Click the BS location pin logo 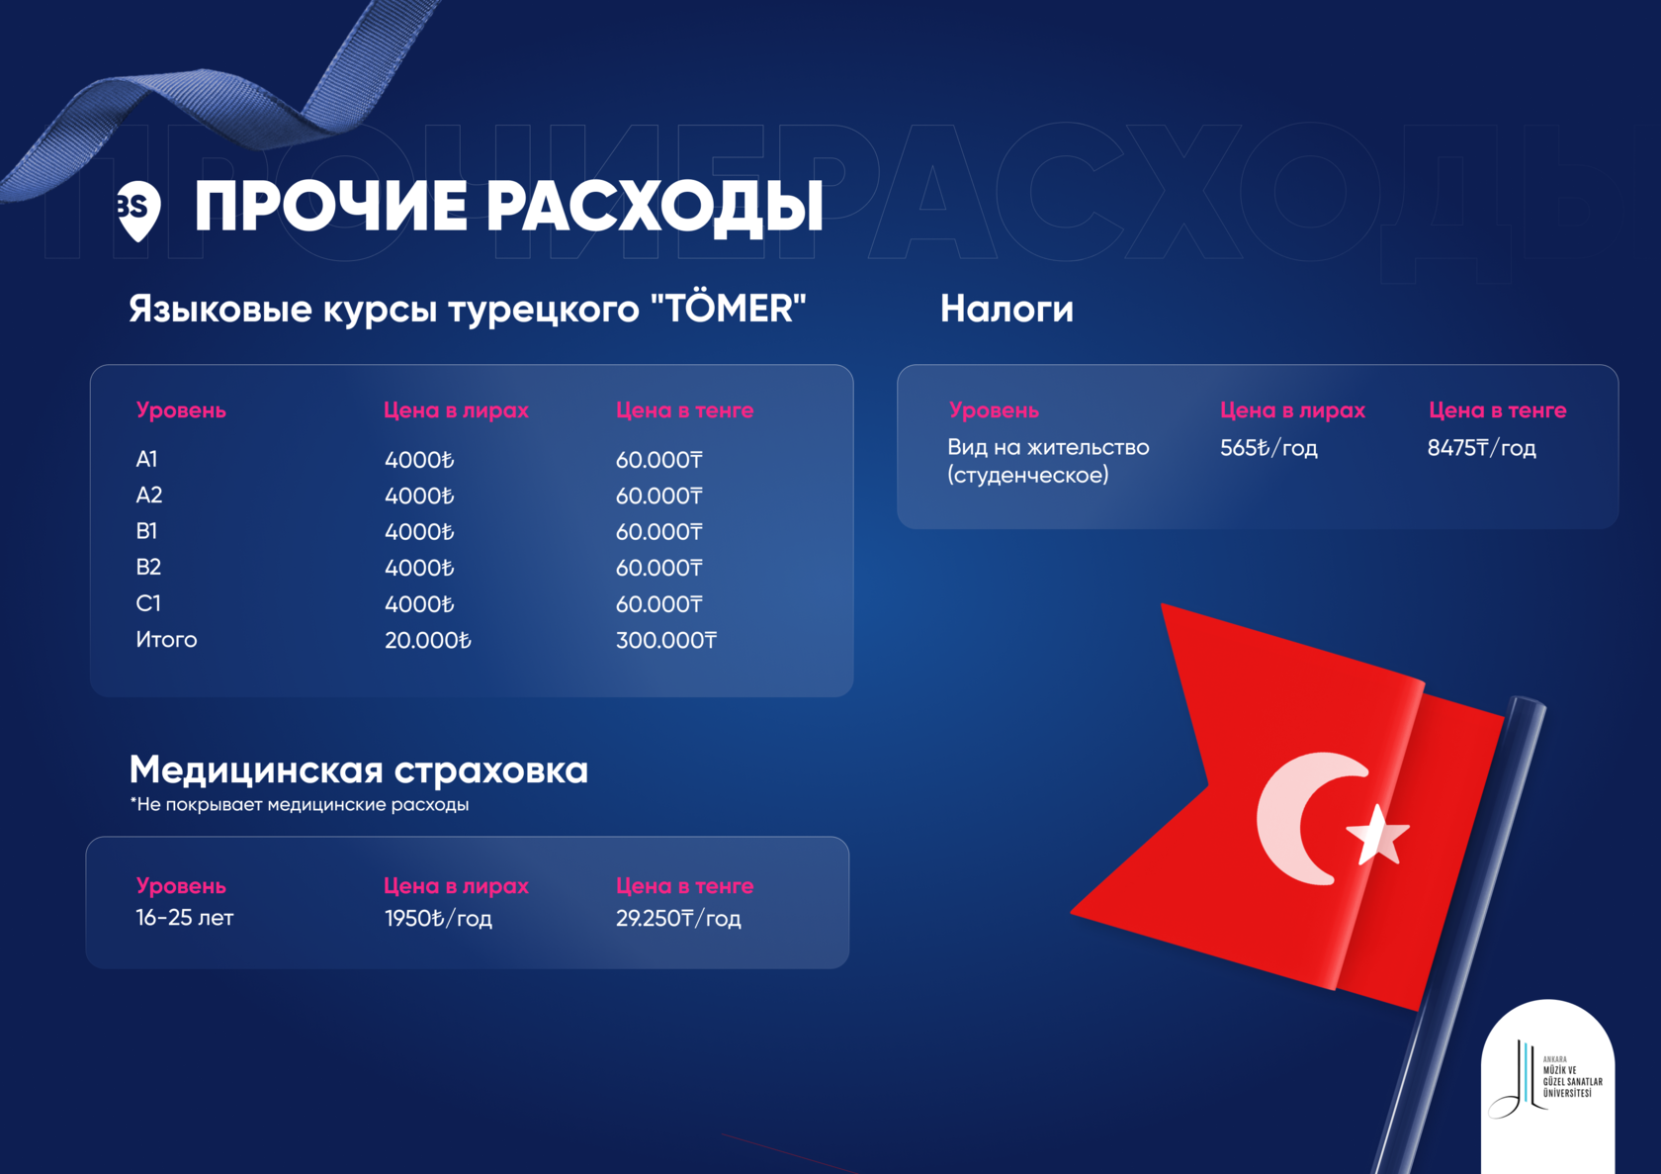(x=138, y=211)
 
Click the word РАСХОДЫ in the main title (x=655, y=207)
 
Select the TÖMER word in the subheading (x=728, y=308)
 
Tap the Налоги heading (x=1006, y=309)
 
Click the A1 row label (x=146, y=459)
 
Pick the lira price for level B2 (x=419, y=568)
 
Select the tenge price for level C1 (x=658, y=604)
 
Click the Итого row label (x=166, y=639)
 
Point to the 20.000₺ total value (x=428, y=640)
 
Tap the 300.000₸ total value (x=666, y=640)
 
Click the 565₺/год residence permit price (x=1268, y=448)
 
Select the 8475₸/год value (x=1481, y=448)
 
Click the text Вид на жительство (x=1048, y=447)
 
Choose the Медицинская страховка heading (x=359, y=769)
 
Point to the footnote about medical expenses (x=300, y=805)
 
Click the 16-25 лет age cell (x=185, y=918)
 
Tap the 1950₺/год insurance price (x=438, y=918)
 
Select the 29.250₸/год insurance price (x=678, y=918)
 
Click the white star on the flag (x=1377, y=835)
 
